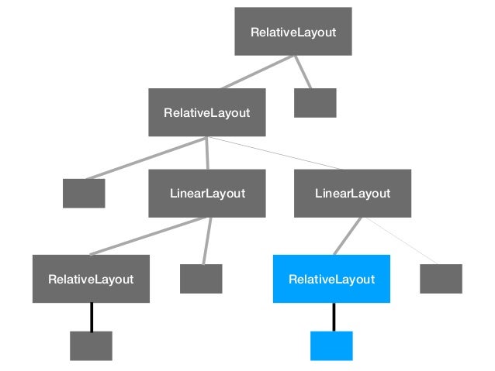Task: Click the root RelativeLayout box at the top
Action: coord(292,32)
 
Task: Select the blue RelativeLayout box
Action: coord(331,279)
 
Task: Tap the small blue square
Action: coord(331,345)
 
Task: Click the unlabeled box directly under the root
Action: coord(315,103)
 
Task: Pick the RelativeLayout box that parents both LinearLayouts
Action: coord(206,112)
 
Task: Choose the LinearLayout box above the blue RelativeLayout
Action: coord(352,193)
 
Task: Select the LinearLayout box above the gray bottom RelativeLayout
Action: coord(207,193)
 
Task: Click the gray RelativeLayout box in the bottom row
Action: coord(91,279)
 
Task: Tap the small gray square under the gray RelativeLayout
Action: coord(91,345)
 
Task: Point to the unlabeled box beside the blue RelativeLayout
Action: coord(441,279)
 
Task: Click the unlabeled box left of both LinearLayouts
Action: coord(84,193)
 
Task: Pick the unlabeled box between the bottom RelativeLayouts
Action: coord(201,279)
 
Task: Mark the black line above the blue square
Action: coord(334,317)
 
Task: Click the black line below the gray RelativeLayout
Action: coord(92,317)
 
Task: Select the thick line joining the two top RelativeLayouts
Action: coord(257,71)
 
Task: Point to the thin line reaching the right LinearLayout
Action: coord(275,153)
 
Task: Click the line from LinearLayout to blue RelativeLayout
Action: coord(348,235)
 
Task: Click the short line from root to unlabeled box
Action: coord(303,71)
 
